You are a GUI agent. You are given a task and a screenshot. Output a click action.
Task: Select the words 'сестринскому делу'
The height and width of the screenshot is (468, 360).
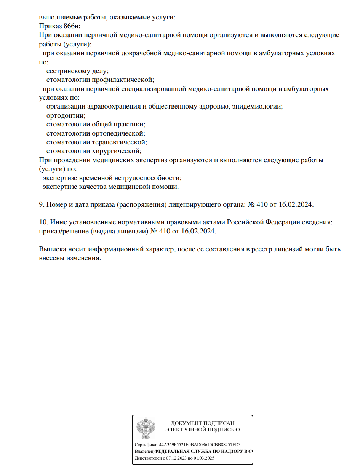pos(77,71)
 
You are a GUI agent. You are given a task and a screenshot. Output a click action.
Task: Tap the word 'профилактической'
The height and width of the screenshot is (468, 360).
pos(123,80)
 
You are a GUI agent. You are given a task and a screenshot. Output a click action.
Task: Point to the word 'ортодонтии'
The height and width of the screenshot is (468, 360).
pos(66,115)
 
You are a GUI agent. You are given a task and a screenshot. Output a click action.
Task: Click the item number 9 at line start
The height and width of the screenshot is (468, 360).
pos(42,204)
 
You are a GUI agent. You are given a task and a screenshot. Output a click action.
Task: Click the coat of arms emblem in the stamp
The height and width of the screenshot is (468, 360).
pos(146,428)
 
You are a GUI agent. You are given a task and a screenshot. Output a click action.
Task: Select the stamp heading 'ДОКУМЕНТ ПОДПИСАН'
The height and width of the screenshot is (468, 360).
pos(202,423)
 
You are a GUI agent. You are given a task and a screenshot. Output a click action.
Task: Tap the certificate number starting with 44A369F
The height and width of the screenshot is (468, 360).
pos(200,444)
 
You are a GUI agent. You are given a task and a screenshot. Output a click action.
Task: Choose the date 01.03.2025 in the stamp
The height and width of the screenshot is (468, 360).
pos(205,458)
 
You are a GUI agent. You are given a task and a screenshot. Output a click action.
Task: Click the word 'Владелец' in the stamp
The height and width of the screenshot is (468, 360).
pos(144,451)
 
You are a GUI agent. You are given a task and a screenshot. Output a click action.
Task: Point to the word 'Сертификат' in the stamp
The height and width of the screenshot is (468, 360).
pos(147,444)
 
